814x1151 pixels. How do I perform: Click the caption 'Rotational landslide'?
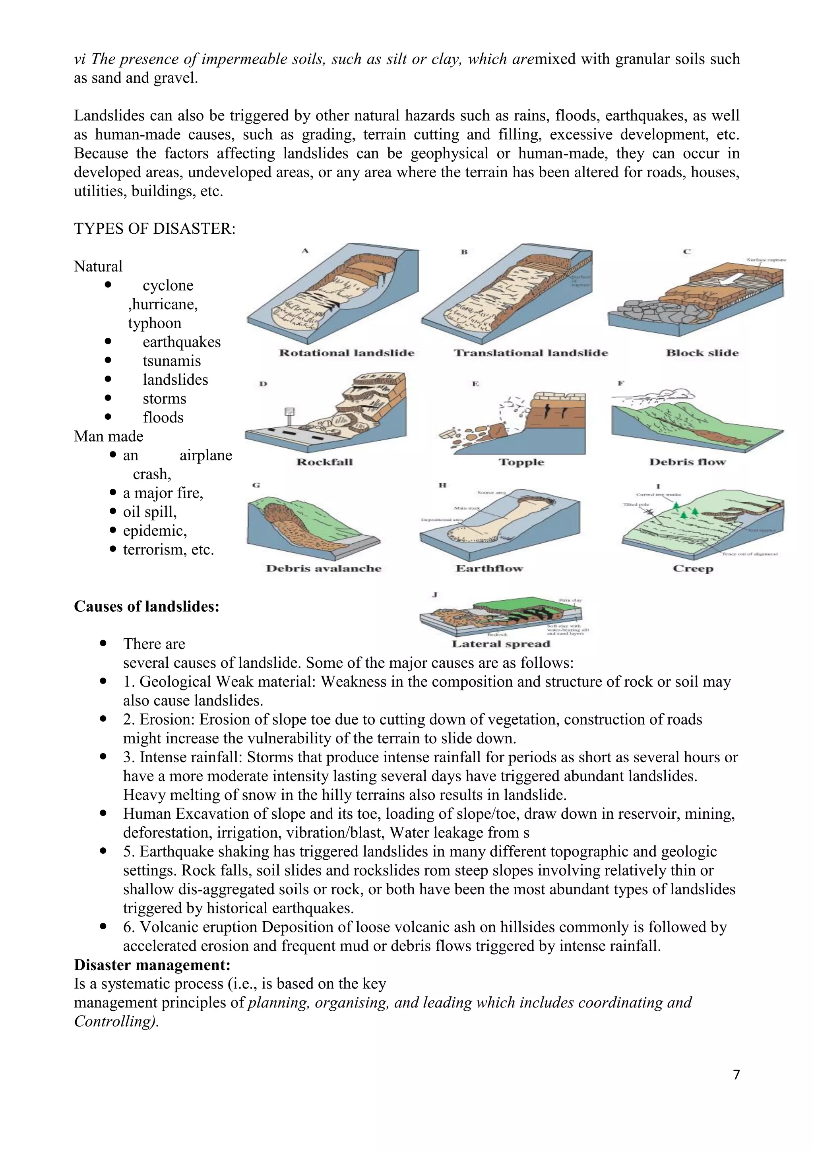pos(346,353)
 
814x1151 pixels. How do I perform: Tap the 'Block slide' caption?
pos(702,353)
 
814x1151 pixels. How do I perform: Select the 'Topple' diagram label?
pos(521,462)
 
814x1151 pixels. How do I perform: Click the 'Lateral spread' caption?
pos(501,644)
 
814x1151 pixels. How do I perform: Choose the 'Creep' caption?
pos(693,568)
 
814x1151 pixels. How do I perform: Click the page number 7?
pos(736,1075)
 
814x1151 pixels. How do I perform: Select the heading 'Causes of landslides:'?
pos(146,607)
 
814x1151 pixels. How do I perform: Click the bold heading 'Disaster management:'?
pos(152,965)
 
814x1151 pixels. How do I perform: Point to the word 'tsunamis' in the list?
pos(171,361)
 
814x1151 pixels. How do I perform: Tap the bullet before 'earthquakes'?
pos(108,341)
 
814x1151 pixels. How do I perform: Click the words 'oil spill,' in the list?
pos(150,512)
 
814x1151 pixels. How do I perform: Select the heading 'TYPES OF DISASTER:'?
pos(154,229)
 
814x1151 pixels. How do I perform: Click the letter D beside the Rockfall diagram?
pos(263,384)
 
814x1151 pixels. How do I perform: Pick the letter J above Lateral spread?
pos(434,595)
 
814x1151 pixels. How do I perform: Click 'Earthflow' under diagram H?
pos(489,568)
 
